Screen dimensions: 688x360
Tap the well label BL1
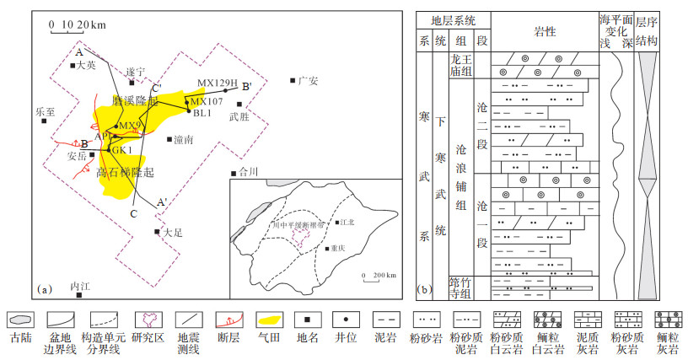[x=202, y=112]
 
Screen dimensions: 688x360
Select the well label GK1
[x=123, y=149]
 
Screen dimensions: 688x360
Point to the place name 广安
[x=308, y=81]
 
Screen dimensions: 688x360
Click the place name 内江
[x=81, y=287]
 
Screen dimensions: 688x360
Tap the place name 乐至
[x=45, y=110]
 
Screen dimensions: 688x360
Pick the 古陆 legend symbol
[x=20, y=320]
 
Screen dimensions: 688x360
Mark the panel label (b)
[x=425, y=289]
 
